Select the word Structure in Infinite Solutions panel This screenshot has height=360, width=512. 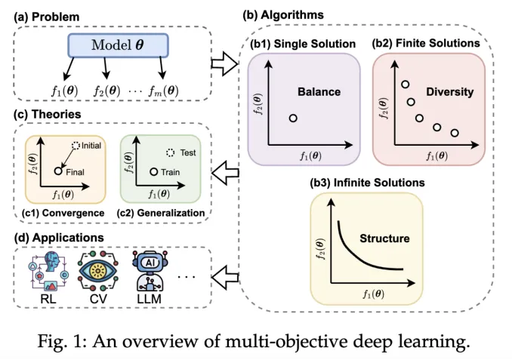pyautogui.click(x=383, y=238)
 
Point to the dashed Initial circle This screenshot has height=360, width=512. pyautogui.click(x=75, y=145)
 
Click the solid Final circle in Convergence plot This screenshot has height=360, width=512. pyautogui.click(x=57, y=172)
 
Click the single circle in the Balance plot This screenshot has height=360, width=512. pyautogui.click(x=293, y=118)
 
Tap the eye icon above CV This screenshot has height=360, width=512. pyautogui.click(x=96, y=269)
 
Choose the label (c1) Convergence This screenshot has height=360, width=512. pyautogui.click(x=63, y=213)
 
